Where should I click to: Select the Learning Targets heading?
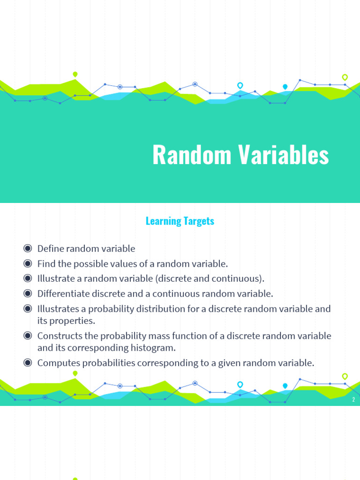(180, 221)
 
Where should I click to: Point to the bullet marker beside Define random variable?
(28, 248)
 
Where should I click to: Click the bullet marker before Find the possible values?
(28, 263)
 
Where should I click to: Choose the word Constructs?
(59, 336)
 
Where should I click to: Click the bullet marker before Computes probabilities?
(28, 362)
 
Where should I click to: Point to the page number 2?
(353, 399)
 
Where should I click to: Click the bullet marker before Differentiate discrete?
(28, 293)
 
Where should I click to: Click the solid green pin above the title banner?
(75, 74)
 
